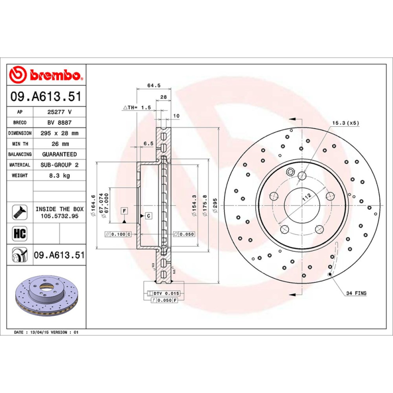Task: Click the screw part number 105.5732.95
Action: pyautogui.click(x=59, y=216)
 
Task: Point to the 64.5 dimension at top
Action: pyautogui.click(x=154, y=85)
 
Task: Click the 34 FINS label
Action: pyautogui.click(x=356, y=293)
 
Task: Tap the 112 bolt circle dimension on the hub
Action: pyautogui.click(x=307, y=197)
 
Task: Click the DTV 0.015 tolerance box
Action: pyautogui.click(x=163, y=293)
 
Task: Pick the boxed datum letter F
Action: pyautogui.click(x=125, y=211)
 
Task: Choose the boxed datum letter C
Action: pyautogui.click(x=147, y=216)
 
